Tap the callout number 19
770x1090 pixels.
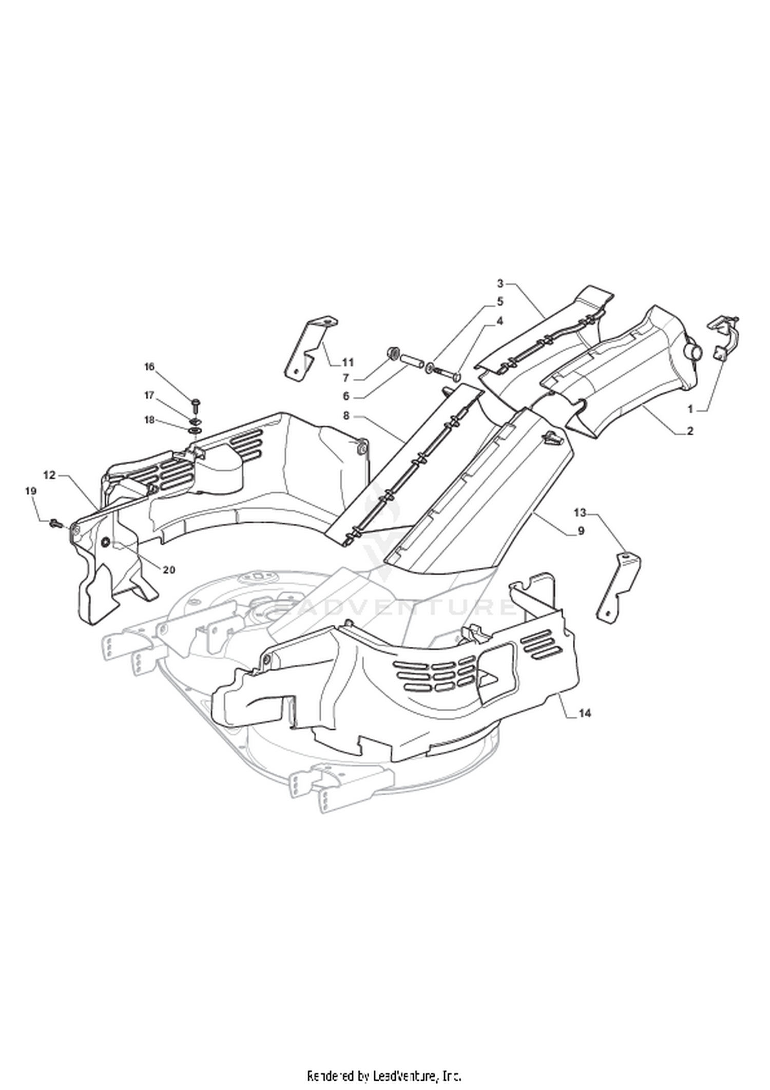[31, 491]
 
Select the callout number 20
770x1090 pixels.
[169, 569]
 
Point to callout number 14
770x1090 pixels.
[585, 713]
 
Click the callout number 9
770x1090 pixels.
[581, 531]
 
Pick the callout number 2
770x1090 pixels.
[690, 431]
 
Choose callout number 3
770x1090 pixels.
[500, 283]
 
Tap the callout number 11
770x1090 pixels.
[348, 363]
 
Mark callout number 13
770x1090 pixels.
[580, 512]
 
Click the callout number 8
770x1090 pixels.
[346, 415]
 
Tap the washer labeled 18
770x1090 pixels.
[195, 429]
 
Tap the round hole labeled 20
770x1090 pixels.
[106, 543]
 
